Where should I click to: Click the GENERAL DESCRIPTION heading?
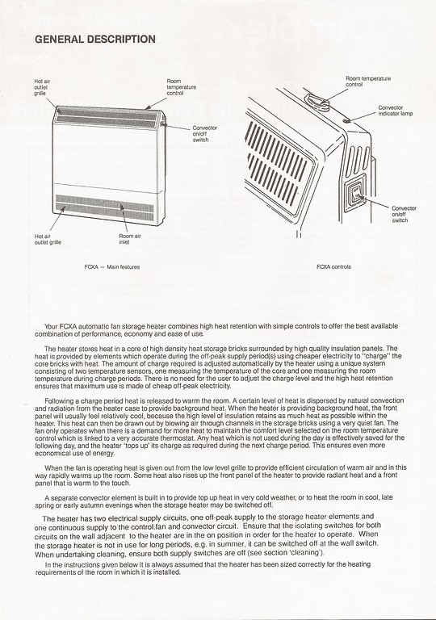pyautogui.click(x=95, y=39)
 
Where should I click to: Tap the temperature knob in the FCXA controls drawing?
pyautogui.click(x=318, y=102)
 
